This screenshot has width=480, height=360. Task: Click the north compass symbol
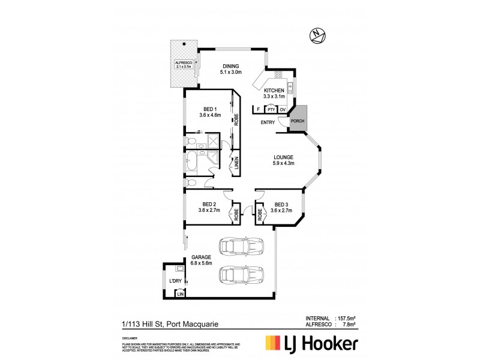[x=316, y=35]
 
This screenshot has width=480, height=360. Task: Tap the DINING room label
[x=231, y=67]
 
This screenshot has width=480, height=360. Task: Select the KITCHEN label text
[x=274, y=91]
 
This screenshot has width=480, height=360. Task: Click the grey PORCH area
[x=298, y=118]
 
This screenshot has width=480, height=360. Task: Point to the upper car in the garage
[x=241, y=247]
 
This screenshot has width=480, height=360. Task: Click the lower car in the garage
[x=241, y=274]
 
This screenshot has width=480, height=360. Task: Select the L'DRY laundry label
[x=175, y=281]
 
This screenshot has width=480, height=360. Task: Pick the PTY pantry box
[x=271, y=109]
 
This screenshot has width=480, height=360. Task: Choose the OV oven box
[x=283, y=109]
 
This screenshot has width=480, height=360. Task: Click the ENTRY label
[x=268, y=123]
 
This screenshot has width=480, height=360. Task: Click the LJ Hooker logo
[x=311, y=344]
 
